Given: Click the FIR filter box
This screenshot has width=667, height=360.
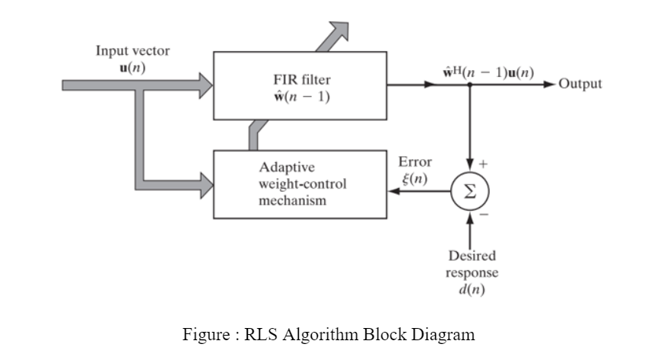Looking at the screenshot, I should point(300,85).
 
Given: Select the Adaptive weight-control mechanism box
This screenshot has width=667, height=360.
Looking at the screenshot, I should point(300,183).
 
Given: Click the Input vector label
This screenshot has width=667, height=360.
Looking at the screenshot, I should point(132,51).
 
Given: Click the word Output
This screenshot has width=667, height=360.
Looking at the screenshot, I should point(580,84).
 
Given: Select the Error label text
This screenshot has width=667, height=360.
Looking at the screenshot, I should point(414,162).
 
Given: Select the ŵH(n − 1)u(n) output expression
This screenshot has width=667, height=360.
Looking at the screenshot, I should point(488,72).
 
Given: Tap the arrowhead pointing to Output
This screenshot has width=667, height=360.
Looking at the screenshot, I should point(550,84).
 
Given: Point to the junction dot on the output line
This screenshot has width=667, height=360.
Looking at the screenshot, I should point(471,84).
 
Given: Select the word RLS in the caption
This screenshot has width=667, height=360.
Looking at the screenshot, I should point(259,334).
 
